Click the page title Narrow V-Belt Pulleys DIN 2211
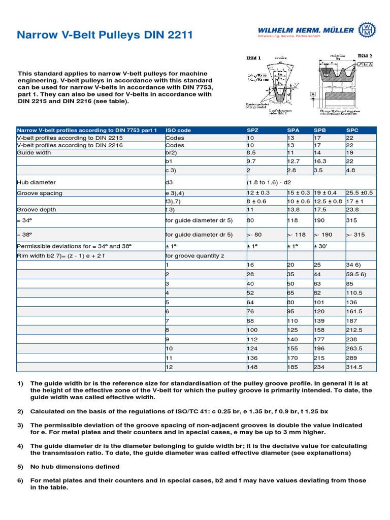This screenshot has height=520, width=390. [105, 35]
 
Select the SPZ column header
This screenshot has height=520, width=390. [252, 130]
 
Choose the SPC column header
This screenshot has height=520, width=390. [352, 130]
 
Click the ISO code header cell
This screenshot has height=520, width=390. [178, 130]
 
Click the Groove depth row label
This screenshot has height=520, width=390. [37, 209]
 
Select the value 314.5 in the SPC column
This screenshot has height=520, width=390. [354, 367]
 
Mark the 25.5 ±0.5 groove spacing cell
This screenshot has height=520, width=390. [359, 193]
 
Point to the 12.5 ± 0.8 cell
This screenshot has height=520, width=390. [328, 201]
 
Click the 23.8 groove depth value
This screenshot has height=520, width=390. [352, 209]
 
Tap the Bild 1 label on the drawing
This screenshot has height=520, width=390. [253, 58]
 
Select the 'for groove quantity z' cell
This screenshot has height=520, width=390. [195, 255]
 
